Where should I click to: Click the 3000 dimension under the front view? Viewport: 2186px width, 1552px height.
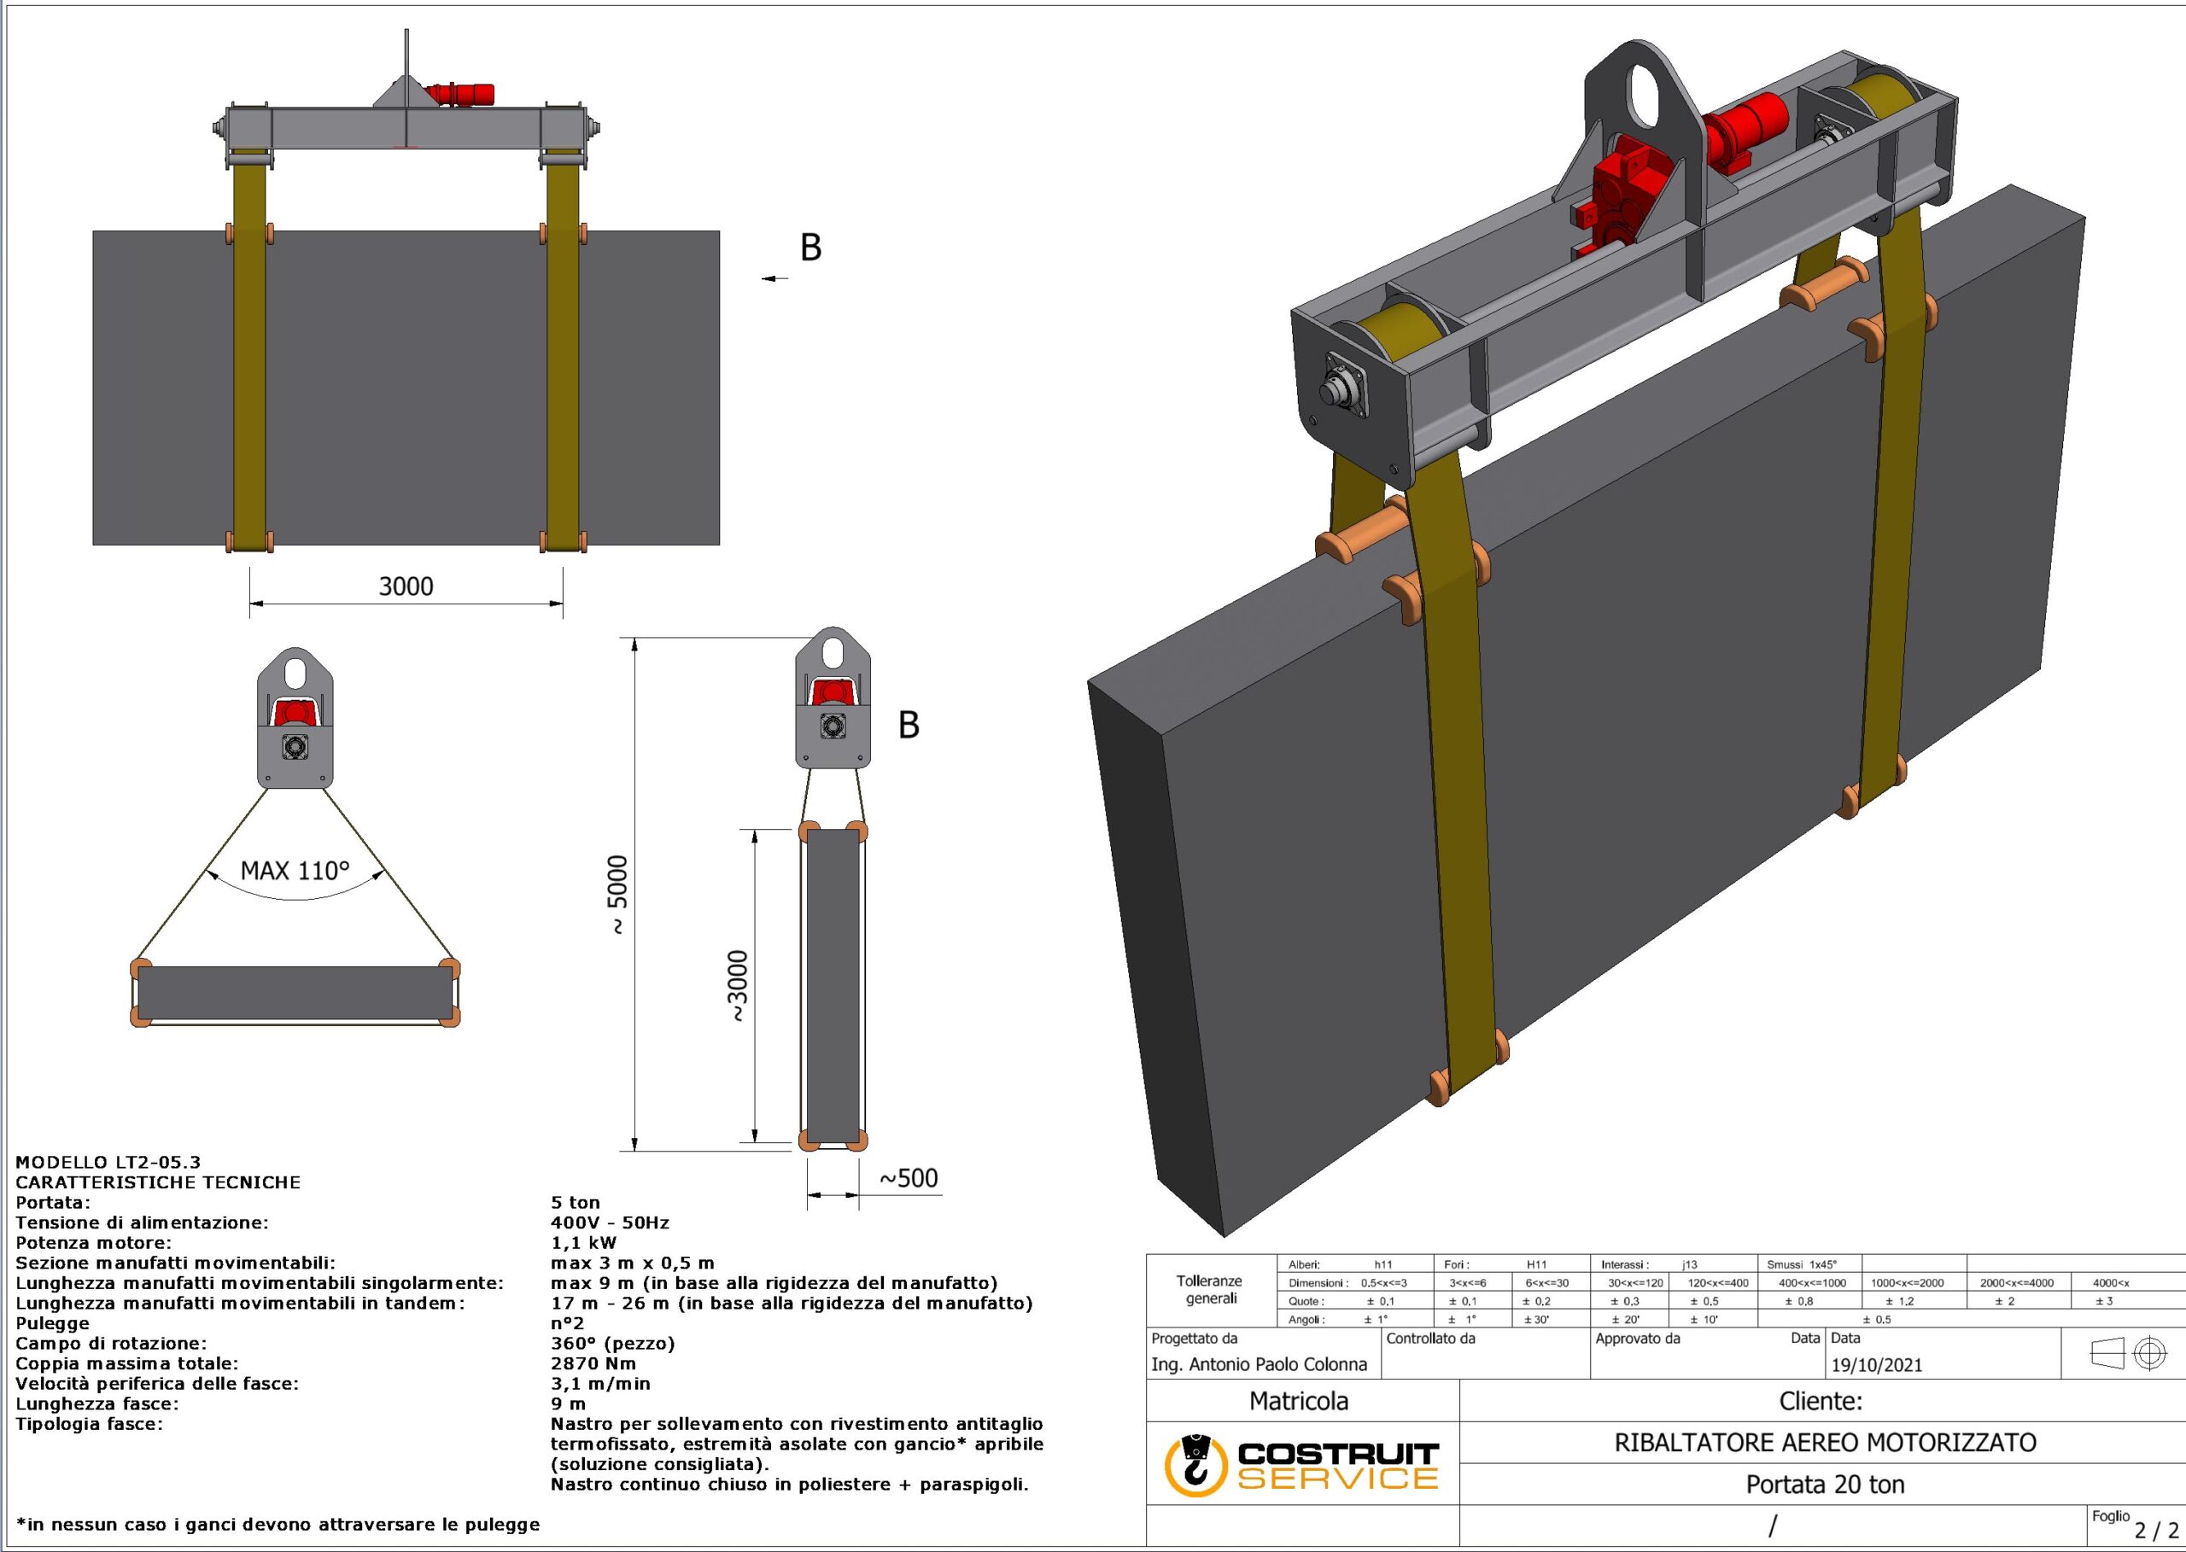pos(406,586)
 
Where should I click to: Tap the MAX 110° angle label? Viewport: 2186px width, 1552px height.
pos(295,871)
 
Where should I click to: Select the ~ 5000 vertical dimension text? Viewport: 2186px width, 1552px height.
pos(618,895)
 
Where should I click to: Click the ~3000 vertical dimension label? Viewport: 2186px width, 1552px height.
pos(738,987)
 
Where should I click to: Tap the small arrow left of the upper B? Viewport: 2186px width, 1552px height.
pos(775,278)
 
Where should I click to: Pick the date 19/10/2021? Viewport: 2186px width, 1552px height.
pos(1876,1365)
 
